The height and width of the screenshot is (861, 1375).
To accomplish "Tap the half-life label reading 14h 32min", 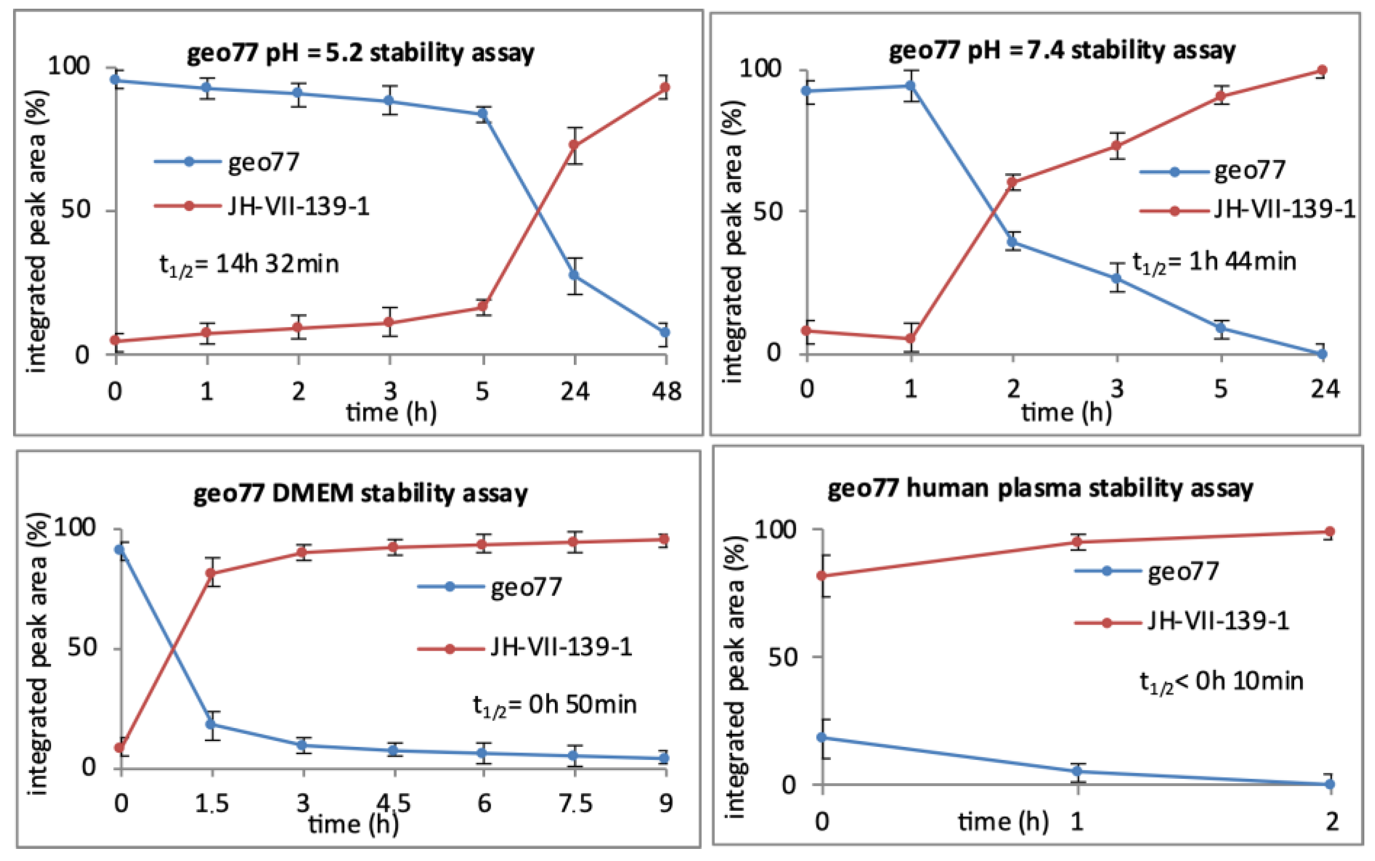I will pyautogui.click(x=249, y=265).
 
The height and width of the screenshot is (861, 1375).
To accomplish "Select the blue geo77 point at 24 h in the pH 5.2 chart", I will pyautogui.click(x=575, y=276).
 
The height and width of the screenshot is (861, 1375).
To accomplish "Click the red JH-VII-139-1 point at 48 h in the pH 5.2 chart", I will pyautogui.click(x=664, y=88).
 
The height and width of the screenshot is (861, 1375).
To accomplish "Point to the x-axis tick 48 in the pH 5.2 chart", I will pyautogui.click(x=666, y=392).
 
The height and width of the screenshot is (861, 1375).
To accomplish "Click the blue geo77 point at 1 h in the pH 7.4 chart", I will pyautogui.click(x=910, y=86).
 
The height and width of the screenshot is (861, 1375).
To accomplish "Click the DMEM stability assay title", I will pyautogui.click(x=360, y=493).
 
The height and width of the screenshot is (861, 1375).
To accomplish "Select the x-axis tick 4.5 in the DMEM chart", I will pyautogui.click(x=394, y=803).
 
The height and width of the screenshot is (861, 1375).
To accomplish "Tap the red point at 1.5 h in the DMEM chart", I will pyautogui.click(x=212, y=573).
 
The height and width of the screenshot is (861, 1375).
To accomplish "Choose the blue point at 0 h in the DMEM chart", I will pyautogui.click(x=120, y=549).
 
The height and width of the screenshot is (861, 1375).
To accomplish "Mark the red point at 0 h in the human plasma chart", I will pyautogui.click(x=822, y=576).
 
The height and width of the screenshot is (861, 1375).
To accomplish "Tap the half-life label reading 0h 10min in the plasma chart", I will pyautogui.click(x=1221, y=682).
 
